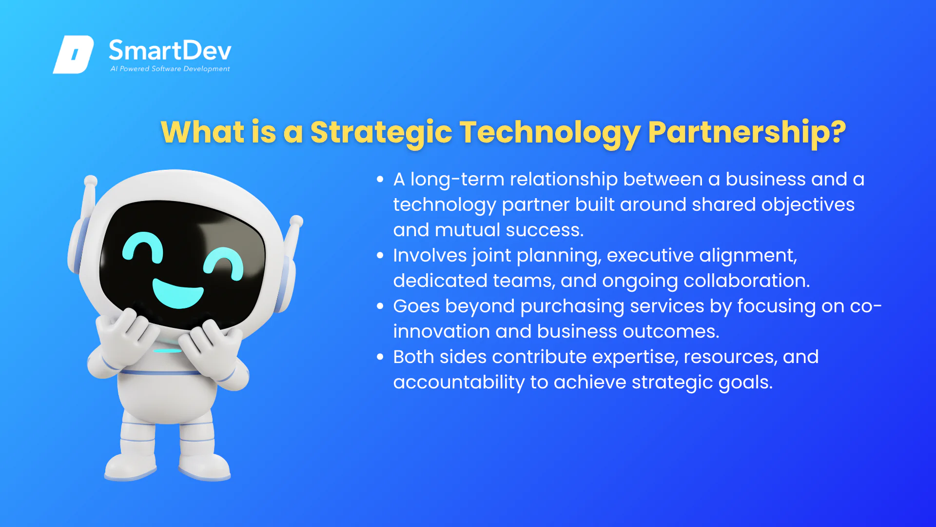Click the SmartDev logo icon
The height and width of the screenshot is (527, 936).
point(73,54)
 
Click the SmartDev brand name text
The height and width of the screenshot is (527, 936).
point(170,50)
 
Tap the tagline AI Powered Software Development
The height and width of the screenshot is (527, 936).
point(170,69)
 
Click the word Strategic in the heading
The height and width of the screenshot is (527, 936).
point(381,132)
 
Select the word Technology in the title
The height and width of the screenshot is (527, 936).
point(550,132)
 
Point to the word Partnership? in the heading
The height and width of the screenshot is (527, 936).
point(747,132)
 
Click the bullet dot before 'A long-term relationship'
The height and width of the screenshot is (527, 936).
point(380,180)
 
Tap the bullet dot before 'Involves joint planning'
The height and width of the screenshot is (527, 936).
point(380,256)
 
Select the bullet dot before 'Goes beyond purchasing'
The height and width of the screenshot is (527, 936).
point(380,306)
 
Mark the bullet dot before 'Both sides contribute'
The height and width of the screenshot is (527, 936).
point(380,357)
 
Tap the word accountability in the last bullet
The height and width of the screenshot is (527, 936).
point(459,382)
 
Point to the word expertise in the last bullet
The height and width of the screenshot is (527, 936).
point(635,357)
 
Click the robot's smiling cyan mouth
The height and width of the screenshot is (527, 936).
point(178,292)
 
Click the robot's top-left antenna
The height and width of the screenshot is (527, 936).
point(89,200)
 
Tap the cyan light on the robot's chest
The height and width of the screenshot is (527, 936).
point(167,350)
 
